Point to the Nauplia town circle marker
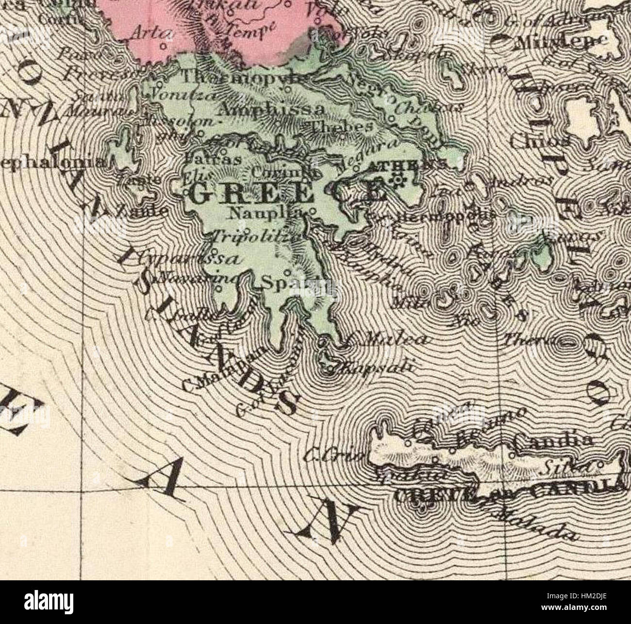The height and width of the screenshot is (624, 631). tap(312, 212)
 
